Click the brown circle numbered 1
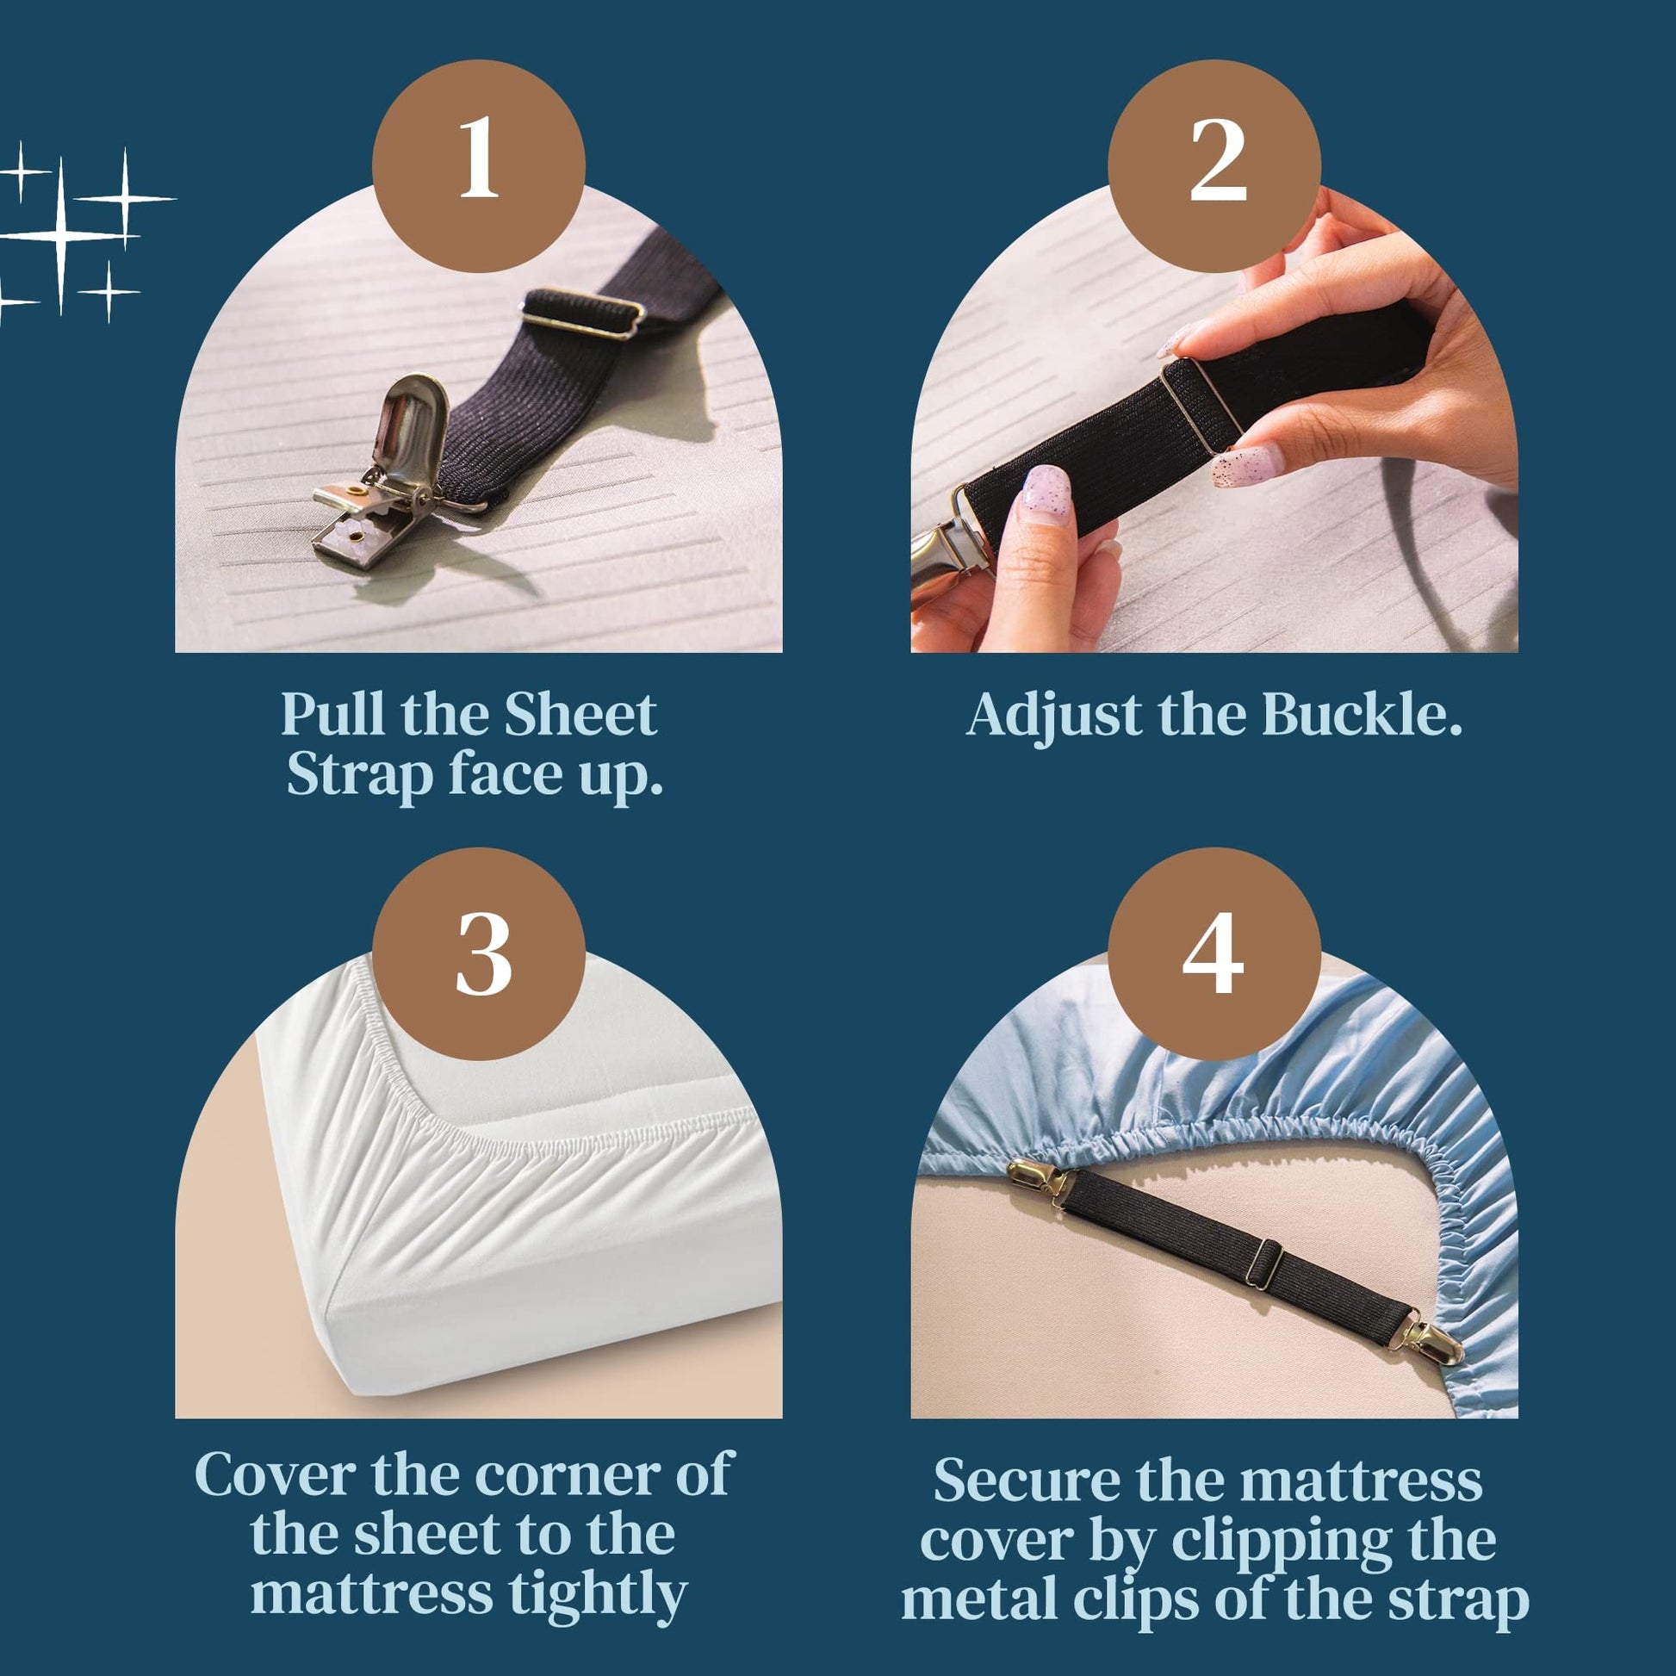(478, 165)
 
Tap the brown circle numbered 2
(1214, 165)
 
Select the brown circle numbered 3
(478, 953)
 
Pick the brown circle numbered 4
(1214, 953)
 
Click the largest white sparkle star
(61, 234)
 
